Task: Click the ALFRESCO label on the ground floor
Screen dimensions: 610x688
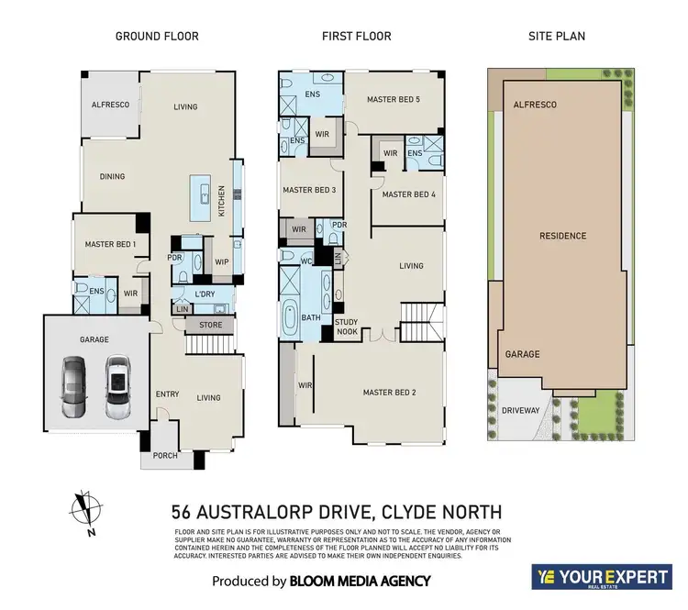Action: click(x=110, y=105)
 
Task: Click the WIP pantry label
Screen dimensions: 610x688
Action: click(x=221, y=261)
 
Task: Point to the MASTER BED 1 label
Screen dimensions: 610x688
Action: click(x=111, y=244)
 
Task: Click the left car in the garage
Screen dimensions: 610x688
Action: click(x=75, y=386)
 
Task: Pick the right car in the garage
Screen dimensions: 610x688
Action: click(x=117, y=386)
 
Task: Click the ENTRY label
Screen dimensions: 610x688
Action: click(x=167, y=394)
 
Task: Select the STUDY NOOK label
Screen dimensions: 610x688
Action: click(x=346, y=327)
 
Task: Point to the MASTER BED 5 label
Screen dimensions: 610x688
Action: click(x=393, y=99)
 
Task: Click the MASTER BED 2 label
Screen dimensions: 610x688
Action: click(x=389, y=393)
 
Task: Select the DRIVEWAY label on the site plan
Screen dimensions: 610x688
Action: click(x=521, y=411)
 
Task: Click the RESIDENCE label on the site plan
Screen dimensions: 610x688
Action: click(x=562, y=236)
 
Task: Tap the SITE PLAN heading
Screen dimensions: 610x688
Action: click(x=557, y=37)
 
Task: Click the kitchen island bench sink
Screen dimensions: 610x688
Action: click(x=207, y=195)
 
